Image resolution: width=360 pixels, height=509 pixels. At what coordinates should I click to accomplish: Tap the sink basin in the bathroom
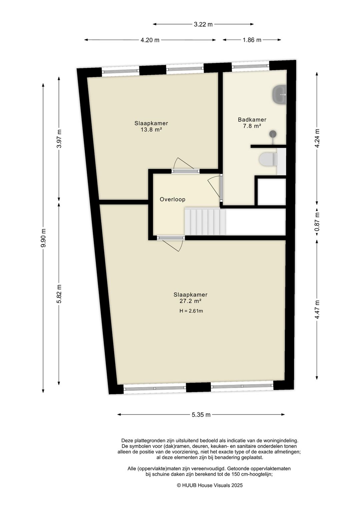pyautogui.click(x=279, y=95)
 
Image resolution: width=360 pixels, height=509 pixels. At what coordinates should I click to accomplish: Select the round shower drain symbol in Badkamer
pyautogui.click(x=273, y=134)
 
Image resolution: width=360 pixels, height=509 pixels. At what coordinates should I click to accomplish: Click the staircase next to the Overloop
pyautogui.click(x=205, y=221)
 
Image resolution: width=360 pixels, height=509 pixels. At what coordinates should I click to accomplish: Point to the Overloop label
pyautogui.click(x=172, y=199)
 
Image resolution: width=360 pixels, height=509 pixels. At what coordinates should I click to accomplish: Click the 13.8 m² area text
pyautogui.click(x=151, y=130)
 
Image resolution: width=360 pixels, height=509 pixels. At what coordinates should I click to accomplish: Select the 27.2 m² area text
pyautogui.click(x=190, y=301)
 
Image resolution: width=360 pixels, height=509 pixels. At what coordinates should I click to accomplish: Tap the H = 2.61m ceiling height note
pyautogui.click(x=191, y=311)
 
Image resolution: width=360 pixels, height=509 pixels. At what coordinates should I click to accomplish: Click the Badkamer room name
pyautogui.click(x=252, y=120)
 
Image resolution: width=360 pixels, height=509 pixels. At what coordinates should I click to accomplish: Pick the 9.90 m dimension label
pyautogui.click(x=43, y=238)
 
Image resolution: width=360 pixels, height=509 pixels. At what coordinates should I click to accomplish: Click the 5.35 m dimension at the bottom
pyautogui.click(x=201, y=415)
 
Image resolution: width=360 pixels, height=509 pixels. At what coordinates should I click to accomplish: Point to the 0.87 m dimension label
pyautogui.click(x=317, y=222)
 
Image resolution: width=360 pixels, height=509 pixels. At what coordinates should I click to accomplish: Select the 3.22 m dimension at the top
pyautogui.click(x=203, y=24)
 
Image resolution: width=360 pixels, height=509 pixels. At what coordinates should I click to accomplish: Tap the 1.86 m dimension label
pyautogui.click(x=252, y=40)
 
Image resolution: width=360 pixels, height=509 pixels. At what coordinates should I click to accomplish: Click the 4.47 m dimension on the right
pyautogui.click(x=317, y=310)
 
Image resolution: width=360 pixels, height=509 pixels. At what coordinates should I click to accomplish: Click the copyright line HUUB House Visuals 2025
pyautogui.click(x=210, y=485)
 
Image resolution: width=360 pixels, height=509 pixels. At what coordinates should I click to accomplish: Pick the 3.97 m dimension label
pyautogui.click(x=59, y=138)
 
